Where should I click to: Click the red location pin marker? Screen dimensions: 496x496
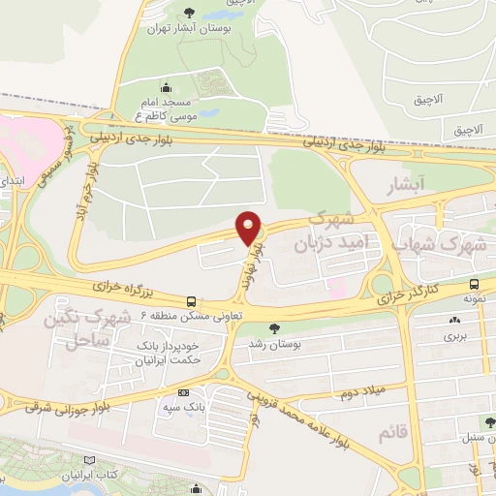click(x=249, y=228)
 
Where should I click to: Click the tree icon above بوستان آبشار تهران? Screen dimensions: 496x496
click(x=184, y=13)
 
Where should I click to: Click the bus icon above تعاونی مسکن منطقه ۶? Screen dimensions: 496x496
click(x=191, y=301)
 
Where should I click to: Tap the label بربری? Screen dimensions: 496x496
click(x=455, y=336)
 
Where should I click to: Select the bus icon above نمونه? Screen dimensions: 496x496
click(x=474, y=285)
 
